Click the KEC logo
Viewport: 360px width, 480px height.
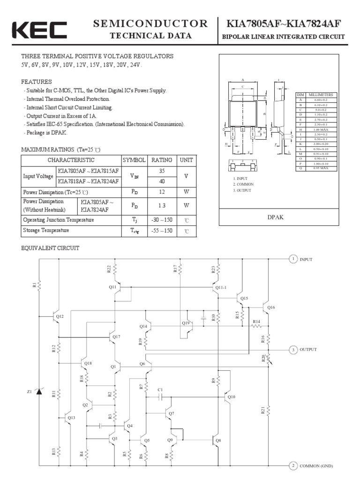click(x=39, y=30)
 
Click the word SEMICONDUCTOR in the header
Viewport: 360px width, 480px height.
click(x=150, y=23)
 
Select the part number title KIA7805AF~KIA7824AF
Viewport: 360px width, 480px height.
click(x=284, y=24)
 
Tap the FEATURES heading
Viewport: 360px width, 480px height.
click(x=37, y=82)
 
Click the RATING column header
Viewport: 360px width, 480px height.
click(x=161, y=160)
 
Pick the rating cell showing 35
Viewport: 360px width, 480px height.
click(x=161, y=171)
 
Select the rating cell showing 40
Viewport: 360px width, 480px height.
click(x=161, y=181)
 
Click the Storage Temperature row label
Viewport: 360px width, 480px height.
click(x=46, y=231)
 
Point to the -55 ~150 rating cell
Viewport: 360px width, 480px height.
click(x=161, y=231)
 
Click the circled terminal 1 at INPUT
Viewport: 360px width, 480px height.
click(x=292, y=259)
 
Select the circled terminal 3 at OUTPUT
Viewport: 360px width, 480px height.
click(x=292, y=350)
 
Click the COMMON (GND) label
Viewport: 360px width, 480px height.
click(x=316, y=465)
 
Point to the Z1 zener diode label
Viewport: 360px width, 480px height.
click(x=30, y=391)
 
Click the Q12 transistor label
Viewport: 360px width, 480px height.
click(x=60, y=317)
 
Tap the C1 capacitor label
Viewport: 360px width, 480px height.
click(x=160, y=390)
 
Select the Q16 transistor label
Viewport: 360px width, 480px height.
click(x=271, y=307)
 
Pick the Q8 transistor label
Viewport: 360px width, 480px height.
click(x=218, y=440)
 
